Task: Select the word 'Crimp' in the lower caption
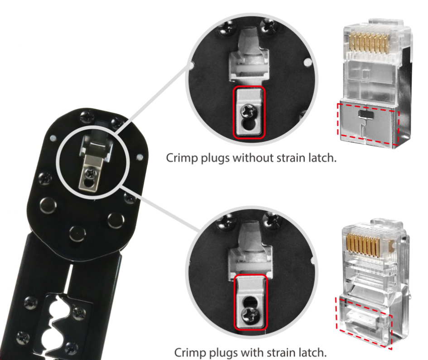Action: (190, 352)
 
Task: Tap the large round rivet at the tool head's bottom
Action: (78, 233)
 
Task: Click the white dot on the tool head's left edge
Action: (53, 138)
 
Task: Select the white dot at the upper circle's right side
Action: (308, 62)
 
